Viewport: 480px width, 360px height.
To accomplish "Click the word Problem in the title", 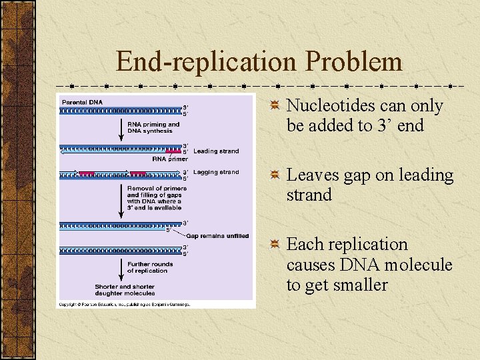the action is [x=354, y=62].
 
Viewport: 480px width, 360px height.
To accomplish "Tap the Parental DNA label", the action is [x=83, y=102].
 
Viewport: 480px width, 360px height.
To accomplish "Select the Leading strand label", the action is [x=216, y=151].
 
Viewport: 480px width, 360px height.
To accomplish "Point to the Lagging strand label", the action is [x=216, y=172].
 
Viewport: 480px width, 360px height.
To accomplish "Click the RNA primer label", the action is [x=170, y=159].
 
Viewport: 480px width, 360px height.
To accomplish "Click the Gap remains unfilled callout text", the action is [x=217, y=236].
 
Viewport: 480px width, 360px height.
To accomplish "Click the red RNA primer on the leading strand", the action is [x=172, y=149].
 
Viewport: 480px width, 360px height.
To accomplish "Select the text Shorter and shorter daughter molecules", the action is [x=125, y=290].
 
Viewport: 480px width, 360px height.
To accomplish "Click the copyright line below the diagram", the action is [x=124, y=304].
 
